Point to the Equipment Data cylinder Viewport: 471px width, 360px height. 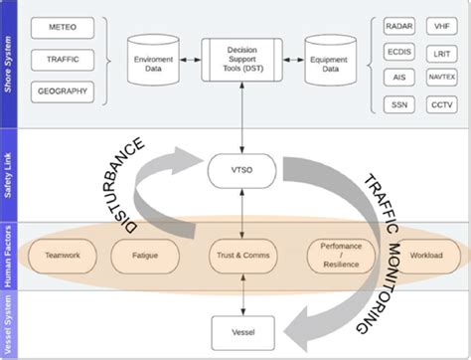(x=332, y=60)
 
